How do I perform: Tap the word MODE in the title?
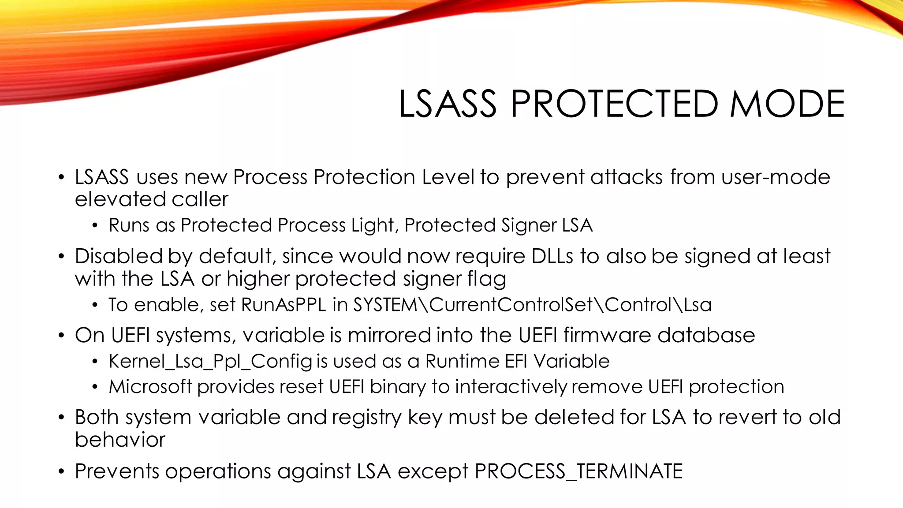(787, 104)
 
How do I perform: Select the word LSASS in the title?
(448, 104)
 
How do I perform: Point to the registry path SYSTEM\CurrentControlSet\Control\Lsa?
(532, 305)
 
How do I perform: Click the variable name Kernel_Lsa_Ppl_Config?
(211, 362)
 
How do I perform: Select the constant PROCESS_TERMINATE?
(578, 471)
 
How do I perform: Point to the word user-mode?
(776, 177)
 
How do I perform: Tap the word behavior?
(120, 440)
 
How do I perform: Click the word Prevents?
(117, 471)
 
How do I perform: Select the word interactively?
(511, 387)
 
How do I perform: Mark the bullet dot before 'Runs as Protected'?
(95, 226)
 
